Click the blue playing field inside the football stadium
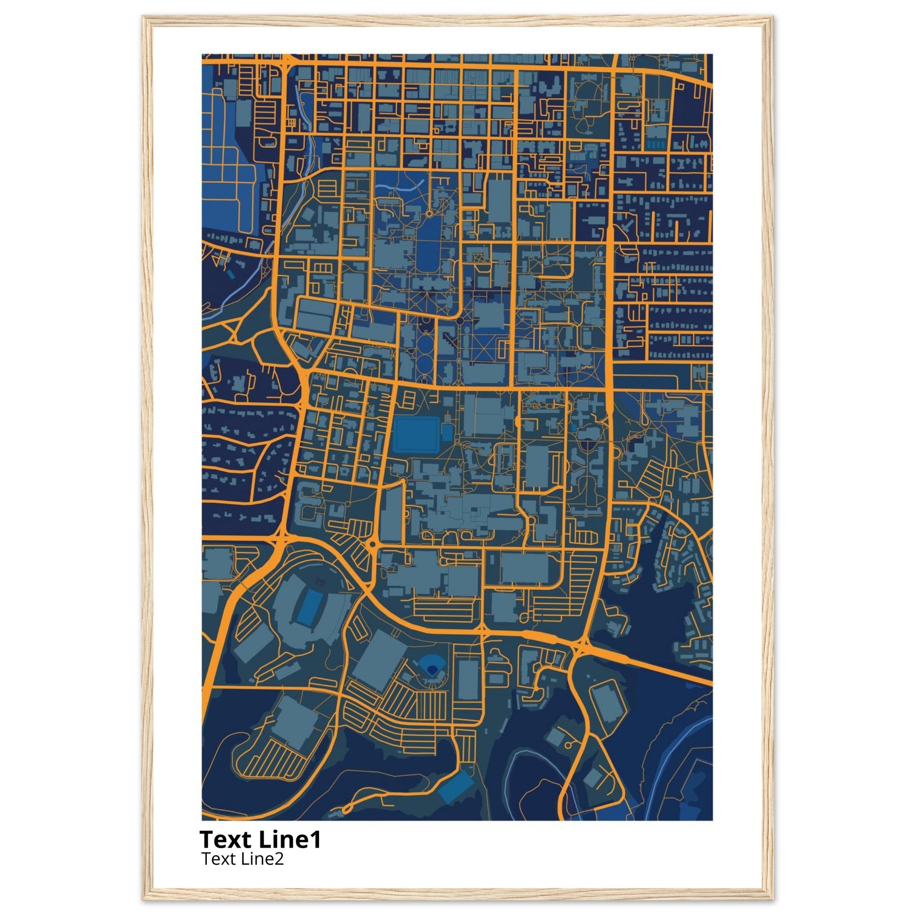[x=309, y=607]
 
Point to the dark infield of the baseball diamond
[x=432, y=668]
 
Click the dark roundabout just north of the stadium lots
[x=372, y=545]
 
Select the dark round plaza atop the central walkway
[x=459, y=321]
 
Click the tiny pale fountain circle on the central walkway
[x=459, y=361]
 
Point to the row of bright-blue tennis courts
[x=655, y=143]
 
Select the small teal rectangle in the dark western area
[x=230, y=274]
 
